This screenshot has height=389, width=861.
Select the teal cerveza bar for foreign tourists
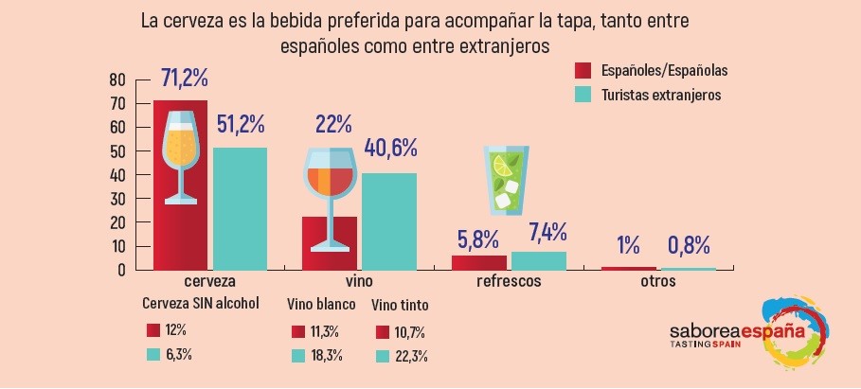click(x=240, y=208)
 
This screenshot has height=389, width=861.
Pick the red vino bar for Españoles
click(x=330, y=244)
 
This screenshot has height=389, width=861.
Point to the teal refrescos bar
click(x=538, y=260)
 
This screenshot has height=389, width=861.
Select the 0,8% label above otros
click(x=688, y=244)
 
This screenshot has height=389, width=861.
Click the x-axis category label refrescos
click(x=508, y=282)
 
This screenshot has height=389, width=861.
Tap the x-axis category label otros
click(x=657, y=282)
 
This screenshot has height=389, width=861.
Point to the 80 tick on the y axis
click(x=117, y=79)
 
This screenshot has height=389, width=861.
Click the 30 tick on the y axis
click(x=117, y=199)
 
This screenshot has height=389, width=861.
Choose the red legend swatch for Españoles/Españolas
click(x=583, y=70)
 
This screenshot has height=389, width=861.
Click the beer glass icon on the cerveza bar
click(x=180, y=156)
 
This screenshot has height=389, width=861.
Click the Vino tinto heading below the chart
click(x=399, y=306)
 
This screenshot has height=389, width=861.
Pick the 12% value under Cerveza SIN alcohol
click(x=175, y=330)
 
